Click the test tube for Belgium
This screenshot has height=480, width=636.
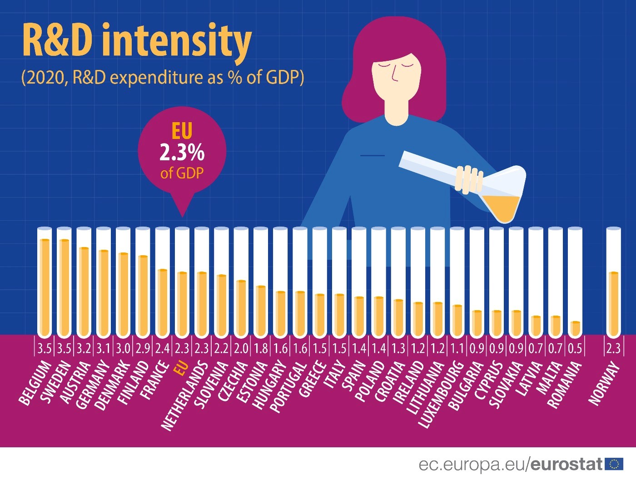[x=44, y=282]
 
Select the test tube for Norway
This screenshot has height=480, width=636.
[x=613, y=282]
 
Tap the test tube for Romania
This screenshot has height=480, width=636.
[x=575, y=282]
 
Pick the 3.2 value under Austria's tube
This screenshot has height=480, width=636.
[x=84, y=349]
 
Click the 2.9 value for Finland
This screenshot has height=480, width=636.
[x=143, y=349]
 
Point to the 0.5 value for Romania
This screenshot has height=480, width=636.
[x=575, y=349]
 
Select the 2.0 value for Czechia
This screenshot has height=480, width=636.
[x=241, y=349]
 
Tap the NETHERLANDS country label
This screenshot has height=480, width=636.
[x=184, y=395]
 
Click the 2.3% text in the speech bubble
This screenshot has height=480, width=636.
[x=182, y=153]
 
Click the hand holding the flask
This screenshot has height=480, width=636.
[x=469, y=179]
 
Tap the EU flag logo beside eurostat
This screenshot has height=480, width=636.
[x=614, y=464]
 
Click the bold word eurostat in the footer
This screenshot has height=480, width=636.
[x=566, y=464]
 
